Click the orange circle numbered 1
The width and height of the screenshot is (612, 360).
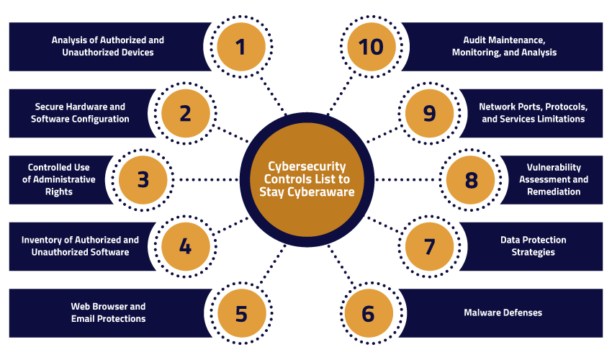point(240,47)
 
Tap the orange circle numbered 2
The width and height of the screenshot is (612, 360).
point(185,113)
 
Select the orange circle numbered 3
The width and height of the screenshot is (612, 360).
point(143,179)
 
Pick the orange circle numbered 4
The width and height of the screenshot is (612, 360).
point(185,246)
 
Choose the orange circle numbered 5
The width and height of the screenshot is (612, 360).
point(240,313)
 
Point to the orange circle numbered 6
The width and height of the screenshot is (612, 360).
point(369,313)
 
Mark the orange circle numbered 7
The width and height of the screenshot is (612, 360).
point(429,246)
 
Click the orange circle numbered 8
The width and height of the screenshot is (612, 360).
point(471,179)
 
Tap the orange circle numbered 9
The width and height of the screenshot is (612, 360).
point(429,113)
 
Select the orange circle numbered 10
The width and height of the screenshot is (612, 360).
point(372,47)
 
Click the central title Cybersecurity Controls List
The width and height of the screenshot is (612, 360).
point(307,179)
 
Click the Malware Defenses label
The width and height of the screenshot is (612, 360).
point(503,312)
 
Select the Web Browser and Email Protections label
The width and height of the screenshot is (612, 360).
point(108,312)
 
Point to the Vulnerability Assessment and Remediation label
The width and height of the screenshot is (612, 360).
point(553,179)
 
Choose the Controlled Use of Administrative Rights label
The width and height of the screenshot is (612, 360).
point(60,179)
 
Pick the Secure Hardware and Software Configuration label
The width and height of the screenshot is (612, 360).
point(80,113)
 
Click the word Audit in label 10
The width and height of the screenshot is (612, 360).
point(476,40)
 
